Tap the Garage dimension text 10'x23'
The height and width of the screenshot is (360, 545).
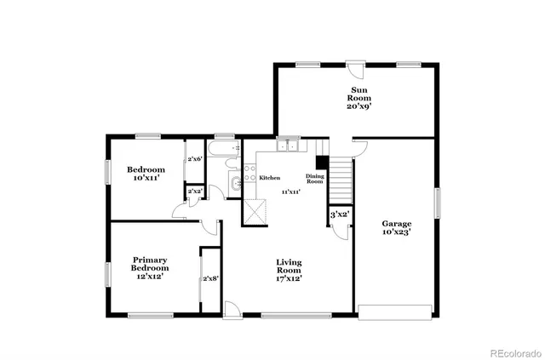pos(396,231)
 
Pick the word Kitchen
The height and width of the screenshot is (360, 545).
pos(270,178)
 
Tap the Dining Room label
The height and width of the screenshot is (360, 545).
pos(315,179)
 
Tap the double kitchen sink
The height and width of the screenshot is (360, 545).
pos(289,146)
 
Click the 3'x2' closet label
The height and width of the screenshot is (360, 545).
pos(340,215)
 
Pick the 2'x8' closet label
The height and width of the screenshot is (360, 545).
pos(209,279)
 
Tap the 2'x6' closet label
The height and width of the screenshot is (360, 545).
pos(194,159)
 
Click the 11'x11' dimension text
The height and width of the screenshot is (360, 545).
pos(291,192)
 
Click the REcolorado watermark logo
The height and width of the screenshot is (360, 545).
pos(509,351)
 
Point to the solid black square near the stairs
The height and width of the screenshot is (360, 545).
pos(322,163)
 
